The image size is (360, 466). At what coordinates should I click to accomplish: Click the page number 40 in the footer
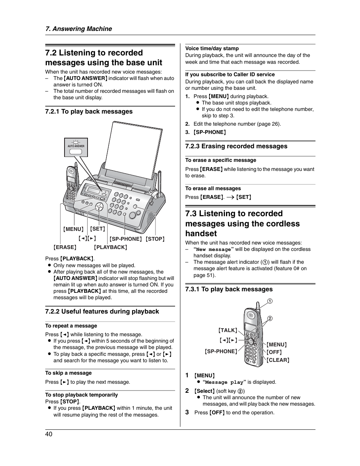pyautogui.click(x=49, y=434)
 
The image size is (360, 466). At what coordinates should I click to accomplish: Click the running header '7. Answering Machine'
pyautogui.click(x=78, y=29)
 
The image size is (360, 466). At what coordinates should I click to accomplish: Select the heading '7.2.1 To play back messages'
pyautogui.click(x=89, y=111)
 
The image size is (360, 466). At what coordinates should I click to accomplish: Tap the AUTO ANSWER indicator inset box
pyautogui.click(x=76, y=147)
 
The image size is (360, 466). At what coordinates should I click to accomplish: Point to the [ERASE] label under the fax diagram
pyautogui.click(x=65, y=247)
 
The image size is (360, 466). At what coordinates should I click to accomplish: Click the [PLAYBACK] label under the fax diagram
pyautogui.click(x=111, y=247)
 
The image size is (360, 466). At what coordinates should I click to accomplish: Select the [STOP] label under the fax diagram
pyautogui.click(x=155, y=239)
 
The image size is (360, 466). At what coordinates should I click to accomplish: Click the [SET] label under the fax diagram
pyautogui.click(x=98, y=229)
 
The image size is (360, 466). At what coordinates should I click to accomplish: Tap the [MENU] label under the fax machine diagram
pyautogui.click(x=73, y=229)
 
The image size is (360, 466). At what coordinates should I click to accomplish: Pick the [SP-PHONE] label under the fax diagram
pyautogui.click(x=126, y=239)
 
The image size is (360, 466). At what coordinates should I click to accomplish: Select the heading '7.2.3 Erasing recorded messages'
pyautogui.click(x=236, y=146)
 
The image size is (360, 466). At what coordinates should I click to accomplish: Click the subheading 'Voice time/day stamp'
pyautogui.click(x=212, y=48)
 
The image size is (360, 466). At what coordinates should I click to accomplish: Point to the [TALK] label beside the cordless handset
pyautogui.click(x=228, y=330)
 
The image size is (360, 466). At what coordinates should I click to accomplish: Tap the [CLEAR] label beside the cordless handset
pyautogui.click(x=278, y=360)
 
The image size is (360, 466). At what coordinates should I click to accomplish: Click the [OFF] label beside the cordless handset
pyautogui.click(x=274, y=352)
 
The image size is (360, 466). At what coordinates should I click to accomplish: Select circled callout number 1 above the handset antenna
pyautogui.click(x=270, y=301)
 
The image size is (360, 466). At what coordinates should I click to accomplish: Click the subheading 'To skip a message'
pyautogui.click(x=68, y=373)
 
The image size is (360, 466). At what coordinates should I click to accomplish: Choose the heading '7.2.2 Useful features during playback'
pyautogui.click(x=102, y=311)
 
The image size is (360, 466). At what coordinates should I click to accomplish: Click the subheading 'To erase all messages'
pyautogui.click(x=213, y=188)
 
